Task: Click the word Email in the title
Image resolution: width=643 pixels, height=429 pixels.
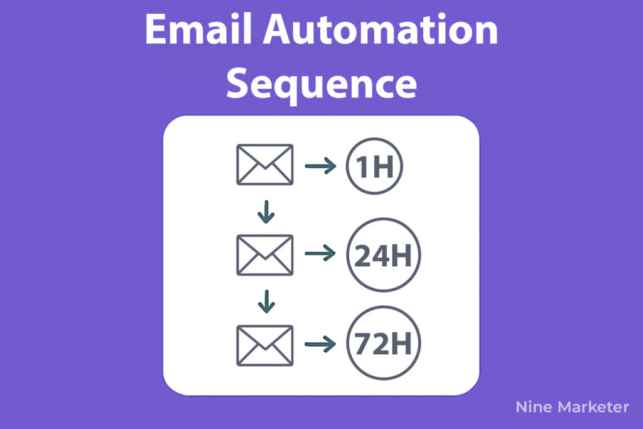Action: [x=198, y=29]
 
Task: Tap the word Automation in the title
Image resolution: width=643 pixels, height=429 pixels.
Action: [x=381, y=29]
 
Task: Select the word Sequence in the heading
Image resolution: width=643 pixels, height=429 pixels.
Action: [x=321, y=84]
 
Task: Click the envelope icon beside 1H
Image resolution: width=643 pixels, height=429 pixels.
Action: [x=265, y=165]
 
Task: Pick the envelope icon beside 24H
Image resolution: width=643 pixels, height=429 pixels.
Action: [x=265, y=254]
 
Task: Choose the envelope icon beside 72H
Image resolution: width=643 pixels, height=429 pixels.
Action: [x=265, y=345]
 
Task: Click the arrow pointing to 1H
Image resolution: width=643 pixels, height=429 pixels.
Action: [x=320, y=166]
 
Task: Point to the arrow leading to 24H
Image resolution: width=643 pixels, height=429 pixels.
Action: [x=320, y=253]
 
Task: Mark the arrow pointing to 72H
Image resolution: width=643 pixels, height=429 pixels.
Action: [x=320, y=344]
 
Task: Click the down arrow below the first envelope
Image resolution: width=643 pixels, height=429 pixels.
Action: [x=266, y=212]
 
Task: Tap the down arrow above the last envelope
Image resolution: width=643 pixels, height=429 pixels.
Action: [x=266, y=301]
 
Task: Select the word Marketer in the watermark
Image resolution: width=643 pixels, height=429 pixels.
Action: [x=594, y=407]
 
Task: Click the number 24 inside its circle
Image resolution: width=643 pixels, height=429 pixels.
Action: [x=371, y=256]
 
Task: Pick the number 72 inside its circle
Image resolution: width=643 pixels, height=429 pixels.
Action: [x=371, y=344]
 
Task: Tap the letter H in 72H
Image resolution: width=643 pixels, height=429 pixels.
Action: [x=401, y=344]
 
